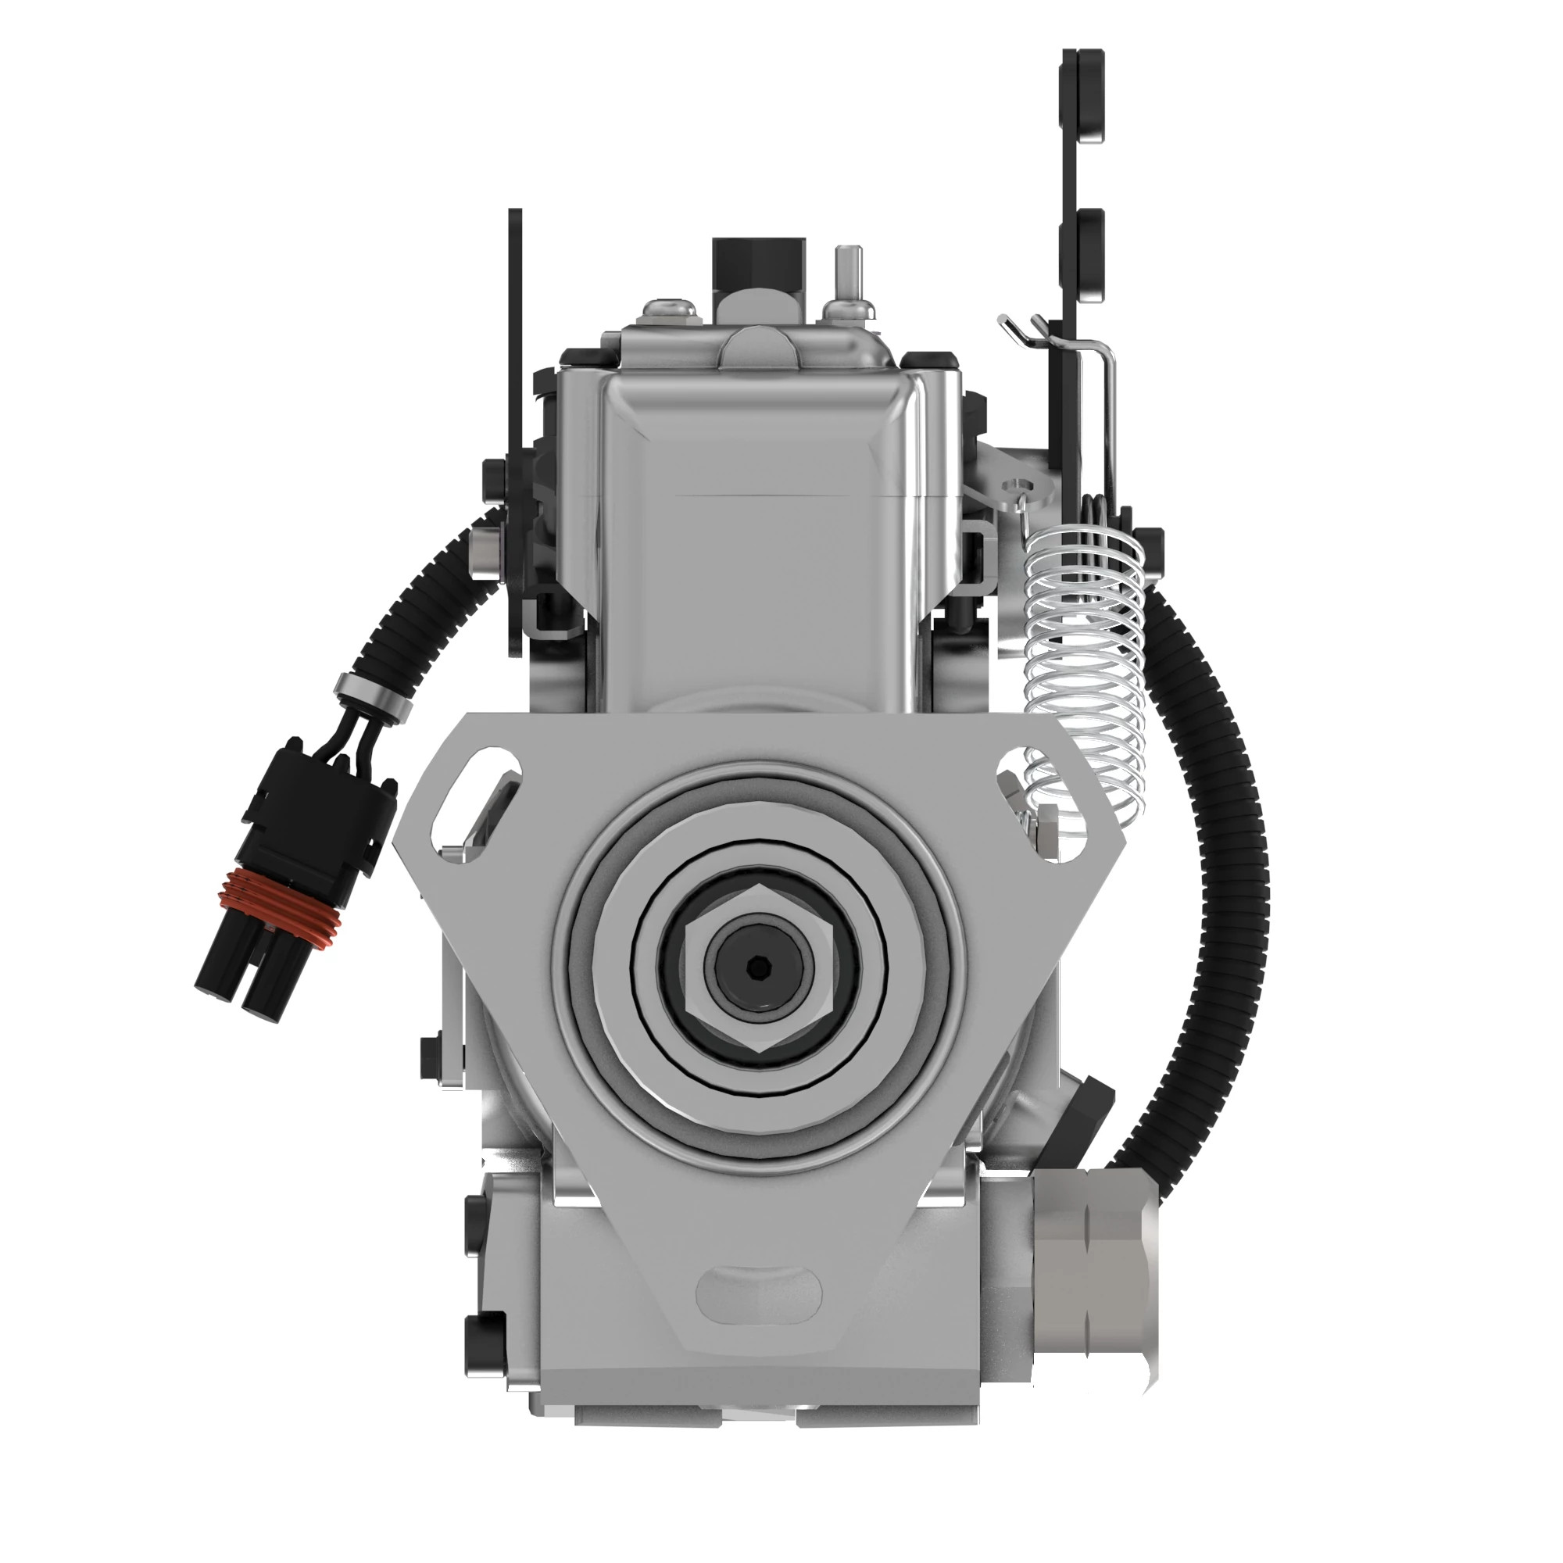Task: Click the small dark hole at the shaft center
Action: (x=756, y=966)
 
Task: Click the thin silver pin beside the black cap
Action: (x=848, y=275)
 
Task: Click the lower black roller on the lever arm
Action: (x=1083, y=251)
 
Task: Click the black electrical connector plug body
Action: (x=316, y=817)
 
